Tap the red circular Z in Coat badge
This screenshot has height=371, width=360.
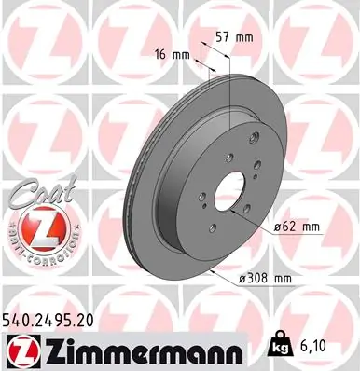pyautogui.click(x=33, y=228)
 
